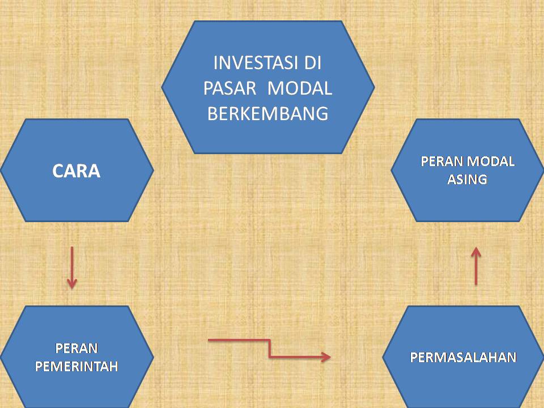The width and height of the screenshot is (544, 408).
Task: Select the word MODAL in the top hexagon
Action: pos(299,88)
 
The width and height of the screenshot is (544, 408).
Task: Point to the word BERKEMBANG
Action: pos(268,114)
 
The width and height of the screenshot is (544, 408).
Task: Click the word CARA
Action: pos(76,171)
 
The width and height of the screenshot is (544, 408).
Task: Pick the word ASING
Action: pos(467,180)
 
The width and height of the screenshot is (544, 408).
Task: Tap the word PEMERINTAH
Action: pos(76,366)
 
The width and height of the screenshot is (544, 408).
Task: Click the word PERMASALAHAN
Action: pos(464,357)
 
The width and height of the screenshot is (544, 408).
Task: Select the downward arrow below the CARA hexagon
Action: pos(72,266)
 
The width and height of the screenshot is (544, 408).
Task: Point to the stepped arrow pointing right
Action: pos(269,348)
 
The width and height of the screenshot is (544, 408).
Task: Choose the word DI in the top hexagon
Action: pos(309,62)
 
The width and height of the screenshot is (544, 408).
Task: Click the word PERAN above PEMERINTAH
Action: pos(76,347)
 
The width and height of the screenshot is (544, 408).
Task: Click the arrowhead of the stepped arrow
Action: pos(326,356)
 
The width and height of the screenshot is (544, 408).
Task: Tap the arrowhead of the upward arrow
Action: pos(476,251)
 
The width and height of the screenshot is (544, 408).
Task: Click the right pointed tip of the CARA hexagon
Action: pos(152,170)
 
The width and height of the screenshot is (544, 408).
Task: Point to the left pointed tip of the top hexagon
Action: pos(163,87)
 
